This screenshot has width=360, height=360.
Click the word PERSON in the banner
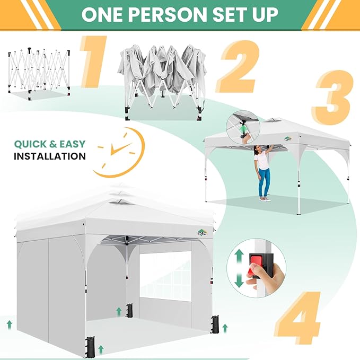coord(168,15)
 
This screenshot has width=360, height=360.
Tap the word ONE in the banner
coord(102,15)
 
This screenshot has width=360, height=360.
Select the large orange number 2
coord(238,67)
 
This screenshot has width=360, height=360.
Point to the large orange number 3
coord(333,98)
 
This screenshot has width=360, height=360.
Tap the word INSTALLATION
coord(50,156)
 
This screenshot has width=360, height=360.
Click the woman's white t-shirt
coord(262,161)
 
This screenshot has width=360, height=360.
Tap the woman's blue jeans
coord(264,182)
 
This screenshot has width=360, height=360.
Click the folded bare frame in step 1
coord(39,74)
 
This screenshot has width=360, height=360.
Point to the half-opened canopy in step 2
coord(162,81)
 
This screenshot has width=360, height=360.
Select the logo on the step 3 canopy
coord(288,139)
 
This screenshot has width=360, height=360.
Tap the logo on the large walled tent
coord(203,232)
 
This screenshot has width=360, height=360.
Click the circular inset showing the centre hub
coord(243,127)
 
